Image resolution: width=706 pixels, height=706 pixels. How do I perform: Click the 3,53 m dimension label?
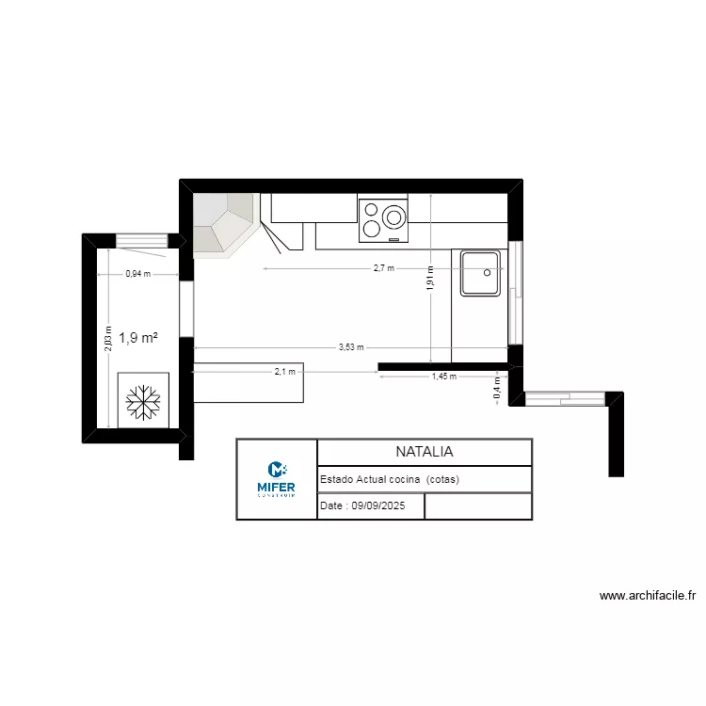(x=351, y=347)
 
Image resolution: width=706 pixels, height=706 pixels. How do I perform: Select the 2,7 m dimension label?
(x=383, y=268)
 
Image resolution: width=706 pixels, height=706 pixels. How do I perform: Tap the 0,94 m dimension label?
(x=137, y=275)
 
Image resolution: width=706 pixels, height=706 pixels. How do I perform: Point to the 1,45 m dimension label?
(x=443, y=377)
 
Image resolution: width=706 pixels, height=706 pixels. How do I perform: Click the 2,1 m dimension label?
(x=284, y=372)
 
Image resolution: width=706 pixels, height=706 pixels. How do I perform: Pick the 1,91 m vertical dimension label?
(x=430, y=278)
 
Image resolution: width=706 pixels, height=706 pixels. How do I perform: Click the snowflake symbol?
(x=142, y=400)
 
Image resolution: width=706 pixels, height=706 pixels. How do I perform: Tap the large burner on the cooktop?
(x=394, y=218)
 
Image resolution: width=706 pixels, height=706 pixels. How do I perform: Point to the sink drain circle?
(x=488, y=272)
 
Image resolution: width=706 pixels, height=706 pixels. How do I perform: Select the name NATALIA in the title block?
(x=424, y=452)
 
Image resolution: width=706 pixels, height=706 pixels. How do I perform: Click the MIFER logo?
(x=276, y=478)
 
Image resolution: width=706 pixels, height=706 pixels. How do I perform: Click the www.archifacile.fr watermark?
(x=647, y=596)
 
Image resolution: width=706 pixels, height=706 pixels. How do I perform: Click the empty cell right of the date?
(x=478, y=505)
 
